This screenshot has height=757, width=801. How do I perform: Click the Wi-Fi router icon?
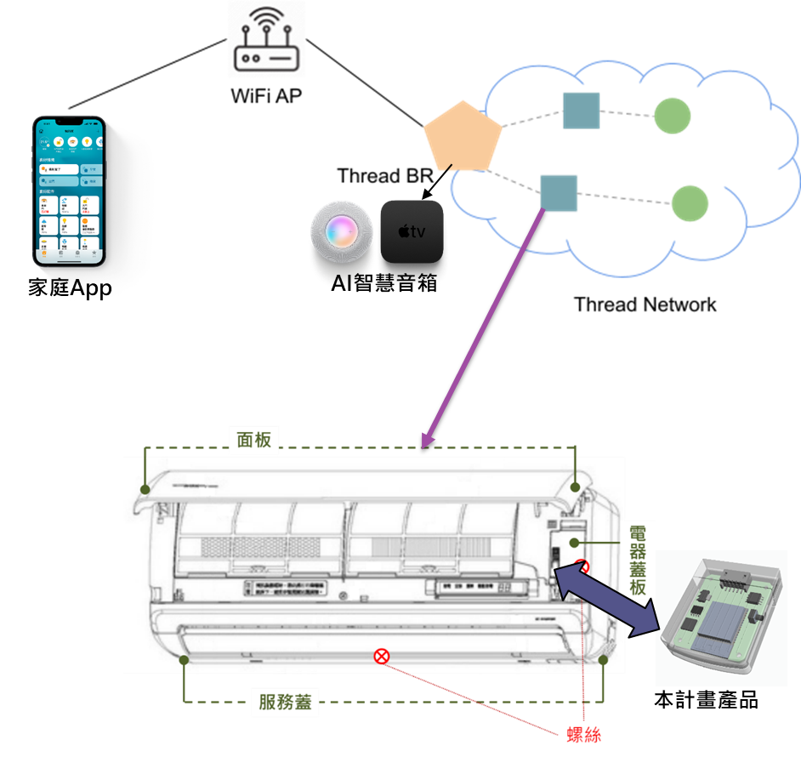tap(265, 39)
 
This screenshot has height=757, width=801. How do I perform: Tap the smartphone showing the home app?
tap(69, 191)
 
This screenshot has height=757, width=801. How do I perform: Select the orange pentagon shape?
tap(461, 137)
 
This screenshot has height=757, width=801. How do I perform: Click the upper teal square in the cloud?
tap(581, 111)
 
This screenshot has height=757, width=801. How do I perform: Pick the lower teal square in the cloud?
tap(559, 193)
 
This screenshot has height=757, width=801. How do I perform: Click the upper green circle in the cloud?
tap(672, 115)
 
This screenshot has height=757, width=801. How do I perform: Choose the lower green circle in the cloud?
tap(690, 203)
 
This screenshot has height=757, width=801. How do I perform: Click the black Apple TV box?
tap(412, 231)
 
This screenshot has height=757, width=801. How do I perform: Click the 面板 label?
tap(253, 438)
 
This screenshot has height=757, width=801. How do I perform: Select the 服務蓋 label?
tap(285, 703)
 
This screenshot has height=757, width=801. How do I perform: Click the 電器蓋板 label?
tap(639, 561)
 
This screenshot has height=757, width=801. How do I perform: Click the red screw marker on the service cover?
tap(382, 655)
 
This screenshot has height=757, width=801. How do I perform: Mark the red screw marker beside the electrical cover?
tap(582, 566)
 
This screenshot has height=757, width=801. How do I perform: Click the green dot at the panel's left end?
tap(146, 489)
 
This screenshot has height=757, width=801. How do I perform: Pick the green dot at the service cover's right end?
tap(603, 659)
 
